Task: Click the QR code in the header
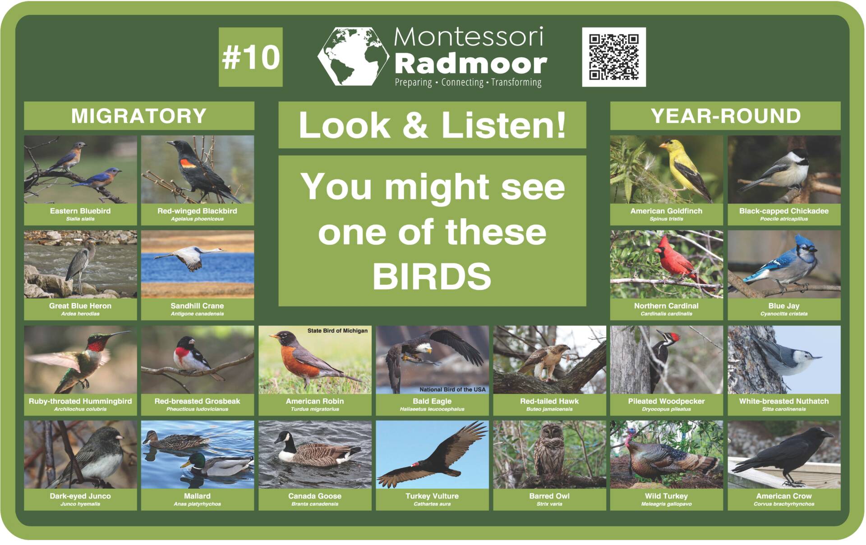613,57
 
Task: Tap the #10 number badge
251,57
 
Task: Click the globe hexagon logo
353,56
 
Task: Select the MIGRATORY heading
139,116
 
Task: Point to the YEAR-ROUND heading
725,116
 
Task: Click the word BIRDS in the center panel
432,276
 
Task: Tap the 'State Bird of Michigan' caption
337,331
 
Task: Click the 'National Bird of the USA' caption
452,389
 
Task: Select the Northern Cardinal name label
666,306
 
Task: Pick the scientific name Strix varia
549,504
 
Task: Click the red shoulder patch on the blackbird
188,163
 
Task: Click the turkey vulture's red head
417,464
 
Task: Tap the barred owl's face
549,432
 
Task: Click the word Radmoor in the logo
471,64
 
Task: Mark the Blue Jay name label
784,306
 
